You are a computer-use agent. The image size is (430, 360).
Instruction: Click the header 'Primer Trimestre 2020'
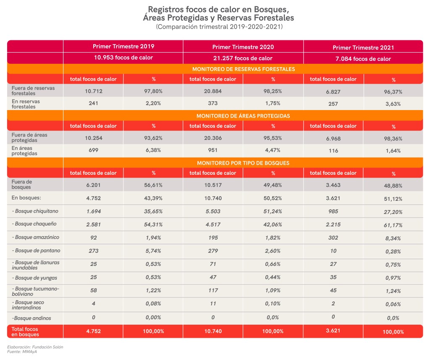pyautogui.click(x=243, y=47)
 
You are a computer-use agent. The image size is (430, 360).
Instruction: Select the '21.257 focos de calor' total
pyautogui.click(x=243, y=58)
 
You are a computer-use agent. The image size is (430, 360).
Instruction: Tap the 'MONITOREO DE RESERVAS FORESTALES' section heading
pyautogui.click(x=243, y=69)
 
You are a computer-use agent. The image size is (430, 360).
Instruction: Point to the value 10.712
pyautogui.click(x=94, y=91)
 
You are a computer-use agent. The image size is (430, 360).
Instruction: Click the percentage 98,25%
pyautogui.click(x=273, y=91)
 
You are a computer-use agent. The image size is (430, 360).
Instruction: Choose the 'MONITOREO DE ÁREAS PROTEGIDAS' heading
pyautogui.click(x=243, y=116)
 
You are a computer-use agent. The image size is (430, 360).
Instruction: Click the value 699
pyautogui.click(x=94, y=150)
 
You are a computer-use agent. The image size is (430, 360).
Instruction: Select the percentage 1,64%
pyautogui.click(x=393, y=151)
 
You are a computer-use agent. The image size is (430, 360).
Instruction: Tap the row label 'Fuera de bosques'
pyautogui.click(x=22, y=184)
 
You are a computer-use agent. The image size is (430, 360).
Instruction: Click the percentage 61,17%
pyautogui.click(x=393, y=225)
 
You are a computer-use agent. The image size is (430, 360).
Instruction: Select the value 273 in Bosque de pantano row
pyautogui.click(x=94, y=251)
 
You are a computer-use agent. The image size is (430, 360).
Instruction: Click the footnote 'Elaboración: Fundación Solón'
pyautogui.click(x=35, y=347)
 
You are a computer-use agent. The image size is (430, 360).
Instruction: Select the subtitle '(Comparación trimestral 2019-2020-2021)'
pyautogui.click(x=219, y=27)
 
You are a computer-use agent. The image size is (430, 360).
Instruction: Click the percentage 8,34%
pyautogui.click(x=393, y=238)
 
